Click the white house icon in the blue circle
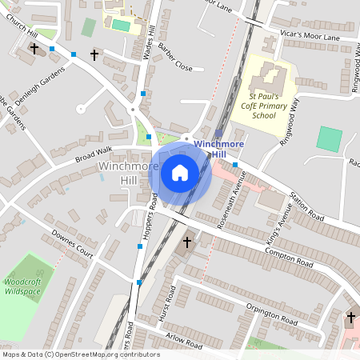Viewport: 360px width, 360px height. click(x=180, y=173)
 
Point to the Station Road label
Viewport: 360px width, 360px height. click(x=304, y=208)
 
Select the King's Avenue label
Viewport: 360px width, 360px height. click(x=286, y=215)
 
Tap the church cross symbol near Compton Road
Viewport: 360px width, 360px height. click(x=188, y=242)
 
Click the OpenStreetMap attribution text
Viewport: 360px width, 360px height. click(x=81, y=354)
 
